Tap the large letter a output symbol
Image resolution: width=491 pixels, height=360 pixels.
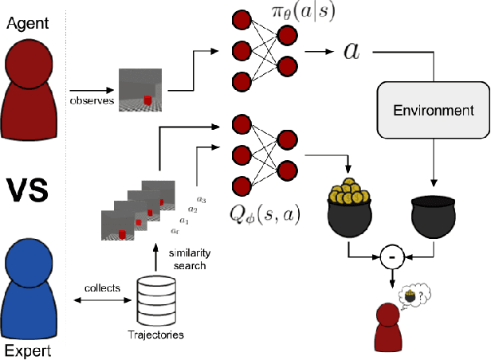click(350, 51)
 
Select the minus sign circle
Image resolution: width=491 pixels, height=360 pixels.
click(391, 258)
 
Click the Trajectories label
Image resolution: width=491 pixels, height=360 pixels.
click(157, 335)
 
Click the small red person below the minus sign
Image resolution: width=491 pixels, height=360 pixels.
click(388, 327)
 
